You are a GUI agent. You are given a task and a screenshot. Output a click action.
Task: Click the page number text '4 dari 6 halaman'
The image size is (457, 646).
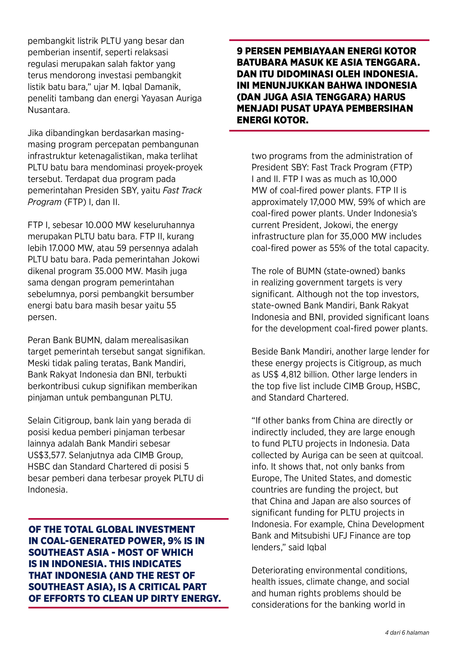tap(407, 632)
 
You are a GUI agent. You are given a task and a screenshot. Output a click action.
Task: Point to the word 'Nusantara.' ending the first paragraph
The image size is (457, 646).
tap(49, 110)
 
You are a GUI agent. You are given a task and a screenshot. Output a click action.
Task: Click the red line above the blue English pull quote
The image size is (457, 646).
tap(128, 519)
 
